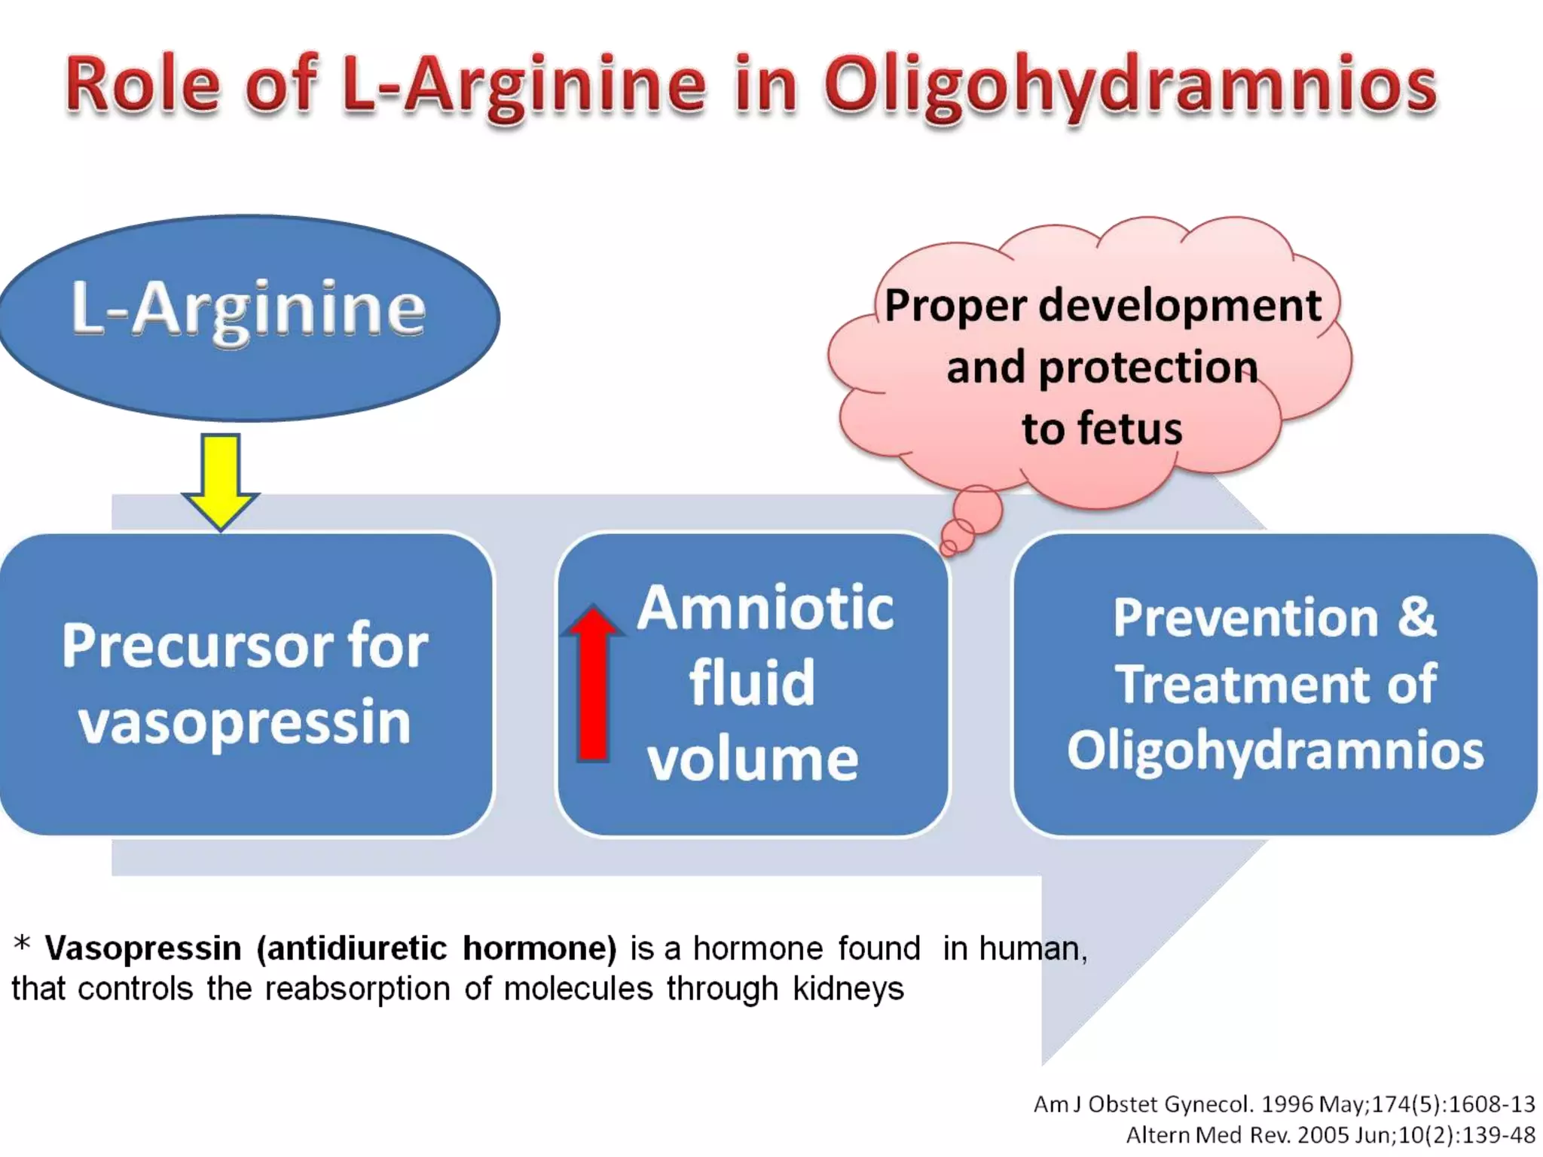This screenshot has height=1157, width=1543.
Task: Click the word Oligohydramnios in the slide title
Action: coord(1130,87)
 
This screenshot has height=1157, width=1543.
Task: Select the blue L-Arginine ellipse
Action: coord(249,316)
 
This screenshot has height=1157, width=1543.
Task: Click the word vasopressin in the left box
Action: coord(245,722)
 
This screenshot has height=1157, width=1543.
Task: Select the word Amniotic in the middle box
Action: coord(765,609)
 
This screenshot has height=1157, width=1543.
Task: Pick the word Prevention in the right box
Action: coord(1245,618)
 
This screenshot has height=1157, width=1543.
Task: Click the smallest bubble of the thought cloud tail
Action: coord(949,548)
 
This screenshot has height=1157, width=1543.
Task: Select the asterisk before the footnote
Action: coord(23,943)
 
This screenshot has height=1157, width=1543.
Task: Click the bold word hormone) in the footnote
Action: coord(539,948)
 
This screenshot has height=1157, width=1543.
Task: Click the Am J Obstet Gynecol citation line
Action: coord(1284,1104)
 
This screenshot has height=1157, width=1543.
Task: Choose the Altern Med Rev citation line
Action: coord(1330,1135)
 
